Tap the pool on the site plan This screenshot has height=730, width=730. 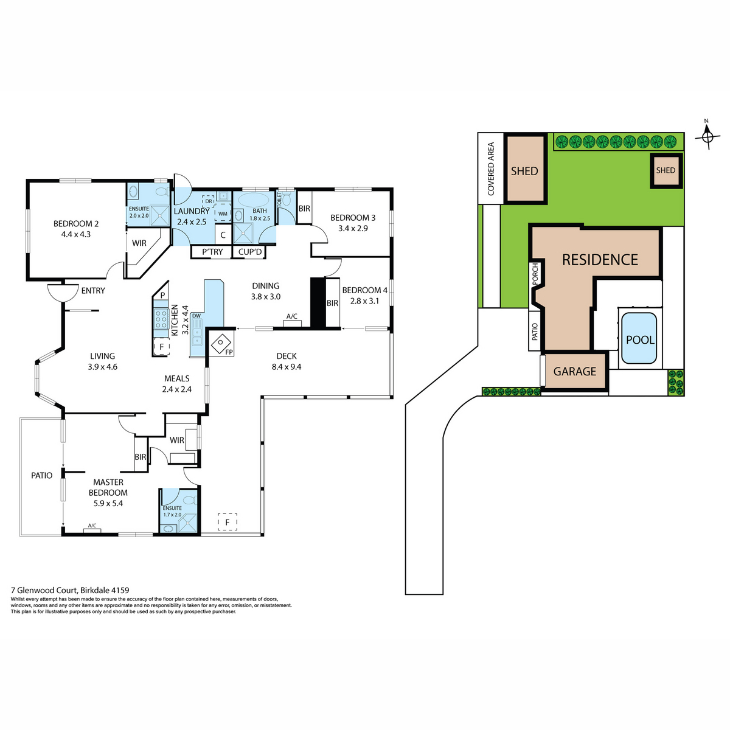pos(639,338)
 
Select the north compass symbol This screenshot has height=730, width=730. pos(707,135)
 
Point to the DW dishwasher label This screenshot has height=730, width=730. pos(196,316)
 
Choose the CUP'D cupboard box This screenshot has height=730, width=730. pos(249,252)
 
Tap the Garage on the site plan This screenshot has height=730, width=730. pos(575,371)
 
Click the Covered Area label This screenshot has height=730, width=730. pos(491,169)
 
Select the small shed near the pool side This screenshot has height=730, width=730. pos(666,170)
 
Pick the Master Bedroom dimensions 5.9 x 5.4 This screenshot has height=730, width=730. pos(108,504)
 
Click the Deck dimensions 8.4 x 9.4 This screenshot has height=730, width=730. pos(287,367)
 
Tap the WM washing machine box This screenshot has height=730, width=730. pos(223,214)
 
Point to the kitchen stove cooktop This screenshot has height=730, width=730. pos(161,319)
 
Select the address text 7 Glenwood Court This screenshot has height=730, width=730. pos(44,590)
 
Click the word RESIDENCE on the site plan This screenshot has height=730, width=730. pos(600,260)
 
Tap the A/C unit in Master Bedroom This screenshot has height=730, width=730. pos(92,530)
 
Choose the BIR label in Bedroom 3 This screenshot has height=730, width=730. pos(304,209)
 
